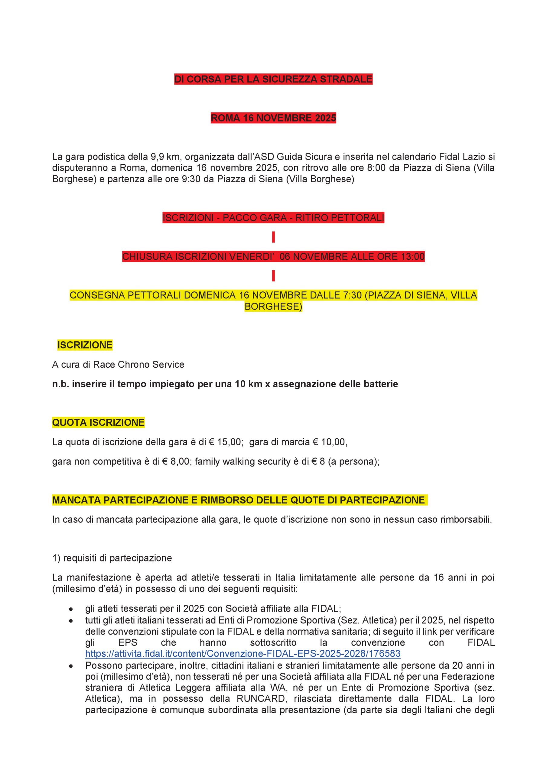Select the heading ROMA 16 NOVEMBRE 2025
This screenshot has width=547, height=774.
(x=273, y=118)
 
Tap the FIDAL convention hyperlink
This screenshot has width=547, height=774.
(x=243, y=654)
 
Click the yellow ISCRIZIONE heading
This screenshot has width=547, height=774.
(x=85, y=345)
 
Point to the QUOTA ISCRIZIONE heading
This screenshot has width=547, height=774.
(x=98, y=422)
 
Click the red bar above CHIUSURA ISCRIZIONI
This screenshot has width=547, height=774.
(x=273, y=237)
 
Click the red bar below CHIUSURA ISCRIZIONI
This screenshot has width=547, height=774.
(x=273, y=276)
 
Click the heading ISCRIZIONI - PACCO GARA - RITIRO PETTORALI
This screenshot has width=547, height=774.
(x=273, y=218)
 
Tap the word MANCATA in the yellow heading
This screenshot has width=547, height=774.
(x=77, y=500)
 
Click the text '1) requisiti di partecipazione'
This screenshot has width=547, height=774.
(x=112, y=558)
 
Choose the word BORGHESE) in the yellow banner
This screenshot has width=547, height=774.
(x=273, y=307)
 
